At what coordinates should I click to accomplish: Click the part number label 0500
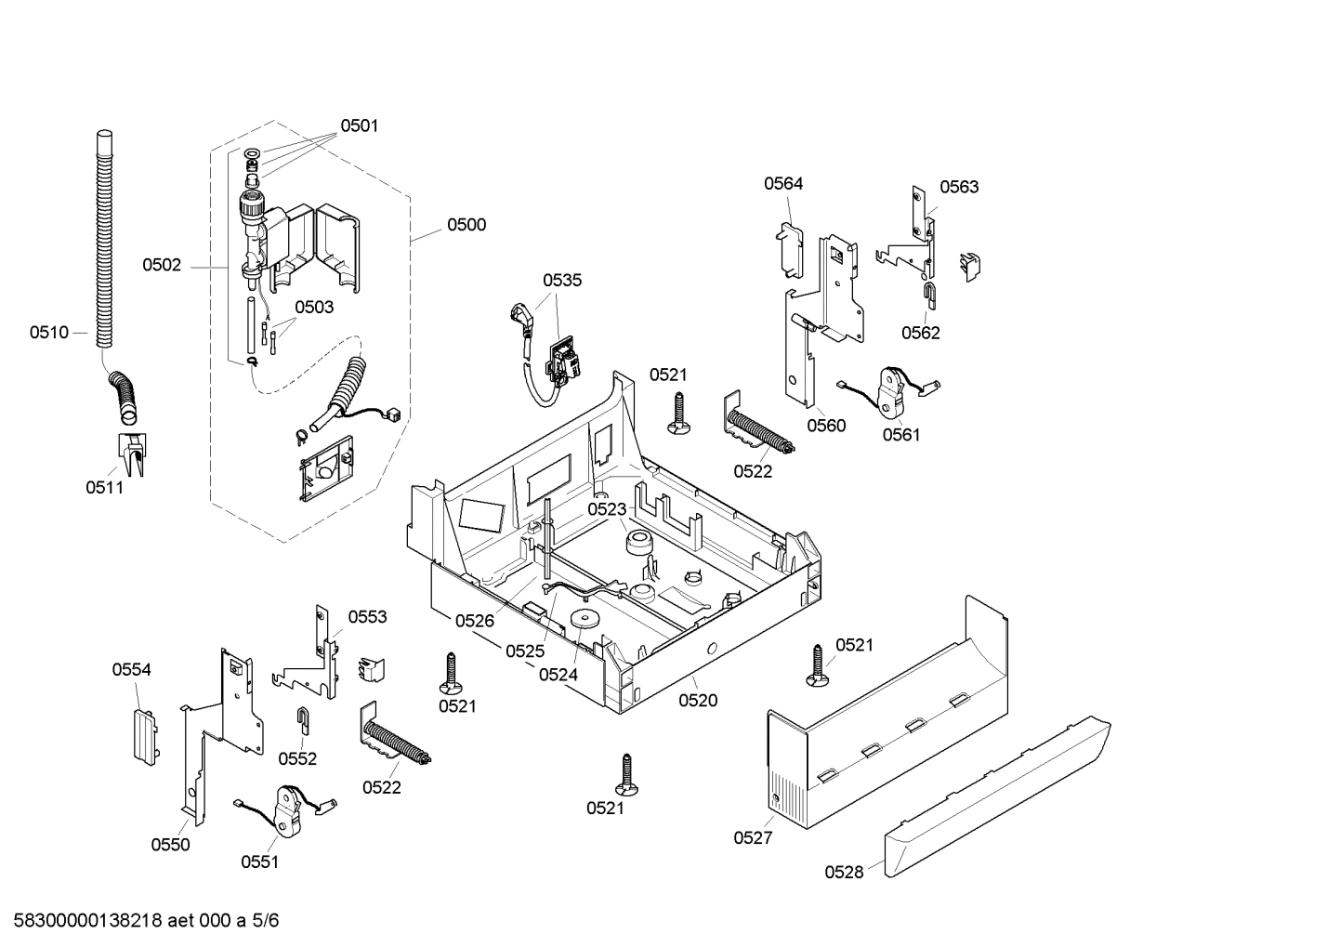(x=466, y=225)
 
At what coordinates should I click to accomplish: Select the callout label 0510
(x=48, y=333)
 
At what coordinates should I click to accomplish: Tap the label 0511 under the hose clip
(x=104, y=488)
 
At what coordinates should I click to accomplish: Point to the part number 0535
(x=562, y=280)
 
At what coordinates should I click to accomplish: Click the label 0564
(x=783, y=184)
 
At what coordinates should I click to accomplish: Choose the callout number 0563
(x=958, y=187)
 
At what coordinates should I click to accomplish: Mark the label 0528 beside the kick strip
(x=844, y=872)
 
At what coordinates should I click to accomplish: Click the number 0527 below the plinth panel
(x=753, y=837)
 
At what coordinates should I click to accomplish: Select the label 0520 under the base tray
(x=698, y=701)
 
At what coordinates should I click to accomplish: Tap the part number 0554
(x=131, y=670)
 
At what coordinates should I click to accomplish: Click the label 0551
(x=259, y=862)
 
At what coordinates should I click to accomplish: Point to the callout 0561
(x=901, y=434)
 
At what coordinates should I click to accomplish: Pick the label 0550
(x=170, y=844)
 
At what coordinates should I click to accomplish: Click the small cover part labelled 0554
(x=142, y=735)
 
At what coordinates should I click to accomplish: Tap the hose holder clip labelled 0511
(x=129, y=452)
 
